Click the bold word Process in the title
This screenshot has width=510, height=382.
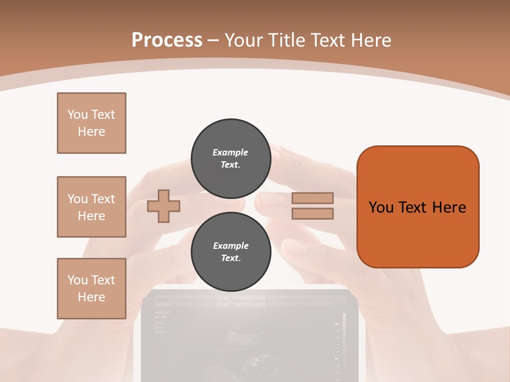[x=167, y=40]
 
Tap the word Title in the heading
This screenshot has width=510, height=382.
[x=286, y=40]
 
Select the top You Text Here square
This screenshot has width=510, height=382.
[x=91, y=123]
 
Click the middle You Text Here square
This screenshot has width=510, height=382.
[x=91, y=207]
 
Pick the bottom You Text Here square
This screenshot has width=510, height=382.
[x=91, y=289]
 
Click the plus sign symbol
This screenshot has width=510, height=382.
[x=164, y=206]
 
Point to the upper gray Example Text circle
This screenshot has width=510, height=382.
[x=231, y=159]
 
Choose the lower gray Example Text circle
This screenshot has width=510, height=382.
[x=231, y=252]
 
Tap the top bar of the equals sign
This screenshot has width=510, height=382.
[x=312, y=198]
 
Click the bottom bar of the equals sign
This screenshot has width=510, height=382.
[x=312, y=214]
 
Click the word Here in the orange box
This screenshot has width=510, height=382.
[x=449, y=207]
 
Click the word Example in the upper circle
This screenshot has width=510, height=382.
[x=231, y=152]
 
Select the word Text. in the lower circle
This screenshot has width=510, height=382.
[x=231, y=258]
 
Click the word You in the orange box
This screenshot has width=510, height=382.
[x=381, y=207]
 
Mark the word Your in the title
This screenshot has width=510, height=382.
[x=244, y=40]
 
